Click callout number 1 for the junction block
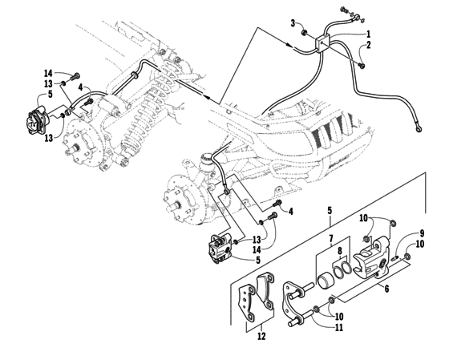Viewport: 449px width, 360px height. (x=368, y=34)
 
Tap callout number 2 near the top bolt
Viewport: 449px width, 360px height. (x=368, y=45)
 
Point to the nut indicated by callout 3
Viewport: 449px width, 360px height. (x=305, y=32)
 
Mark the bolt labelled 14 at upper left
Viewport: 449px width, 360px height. (x=75, y=77)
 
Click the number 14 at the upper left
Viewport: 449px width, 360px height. (x=47, y=74)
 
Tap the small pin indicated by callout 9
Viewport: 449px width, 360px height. (x=398, y=257)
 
